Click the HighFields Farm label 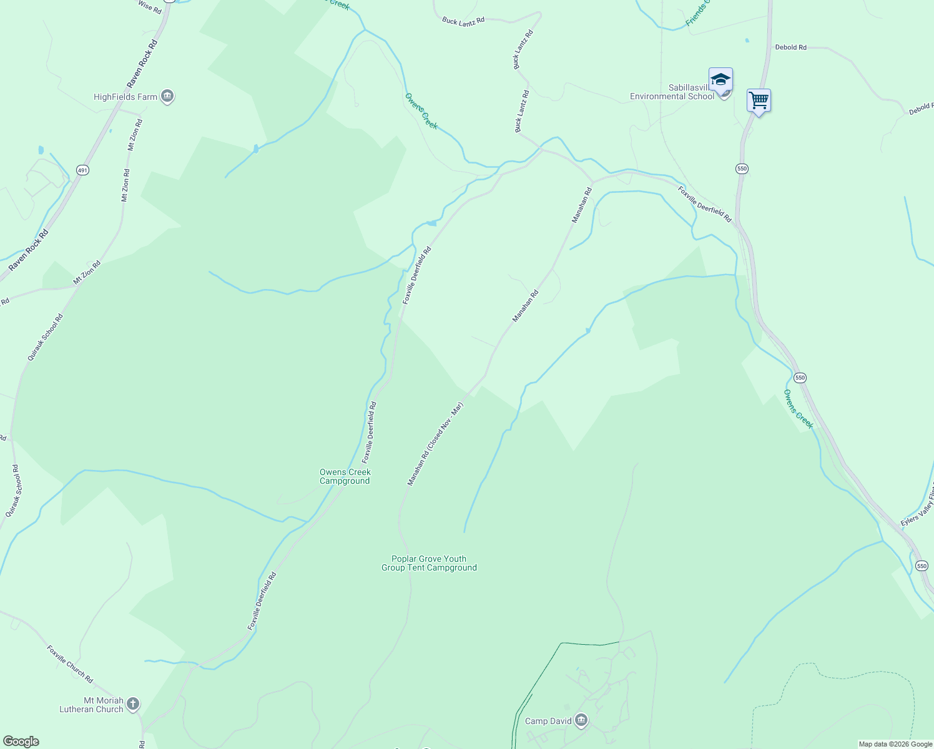tap(125, 97)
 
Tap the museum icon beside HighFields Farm tap(167, 96)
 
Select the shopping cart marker tap(759, 100)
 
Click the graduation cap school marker tap(720, 80)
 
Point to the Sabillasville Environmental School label tap(672, 92)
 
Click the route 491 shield tap(82, 170)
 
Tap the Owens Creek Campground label tap(345, 476)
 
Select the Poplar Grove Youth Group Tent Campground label tap(429, 563)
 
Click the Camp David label tap(548, 721)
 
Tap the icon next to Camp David tap(581, 721)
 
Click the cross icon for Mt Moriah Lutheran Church tap(132, 704)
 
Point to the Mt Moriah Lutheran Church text tap(91, 705)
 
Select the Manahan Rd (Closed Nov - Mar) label tap(435, 444)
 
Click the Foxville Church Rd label tap(70, 663)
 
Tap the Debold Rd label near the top tap(790, 47)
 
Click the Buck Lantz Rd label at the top tap(463, 21)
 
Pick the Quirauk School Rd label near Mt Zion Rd tap(45, 337)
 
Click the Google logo tap(21, 742)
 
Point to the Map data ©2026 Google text tap(895, 744)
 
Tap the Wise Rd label tap(149, 7)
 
